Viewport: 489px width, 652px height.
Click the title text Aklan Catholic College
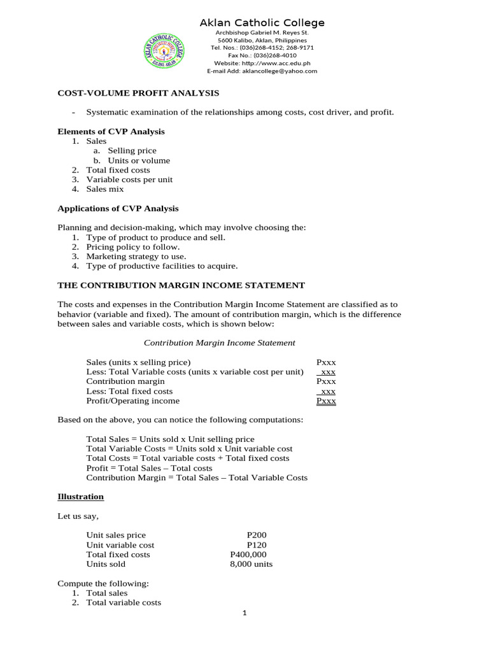pyautogui.click(x=262, y=23)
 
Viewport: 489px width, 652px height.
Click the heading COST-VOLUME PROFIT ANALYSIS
pyautogui.click(x=138, y=93)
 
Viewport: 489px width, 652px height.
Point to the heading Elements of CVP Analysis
pyautogui.click(x=111, y=132)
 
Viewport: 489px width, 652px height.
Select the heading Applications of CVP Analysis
pyautogui.click(x=118, y=208)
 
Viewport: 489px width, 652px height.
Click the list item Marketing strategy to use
pyautogui.click(x=136, y=256)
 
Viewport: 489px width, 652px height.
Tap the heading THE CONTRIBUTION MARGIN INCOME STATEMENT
pyautogui.click(x=181, y=285)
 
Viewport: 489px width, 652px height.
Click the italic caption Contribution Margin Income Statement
pyautogui.click(x=219, y=343)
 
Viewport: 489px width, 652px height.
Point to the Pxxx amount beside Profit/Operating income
pyautogui.click(x=326, y=401)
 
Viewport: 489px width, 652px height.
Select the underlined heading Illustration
pyautogui.click(x=80, y=497)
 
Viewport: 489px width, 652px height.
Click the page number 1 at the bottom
pyautogui.click(x=244, y=613)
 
